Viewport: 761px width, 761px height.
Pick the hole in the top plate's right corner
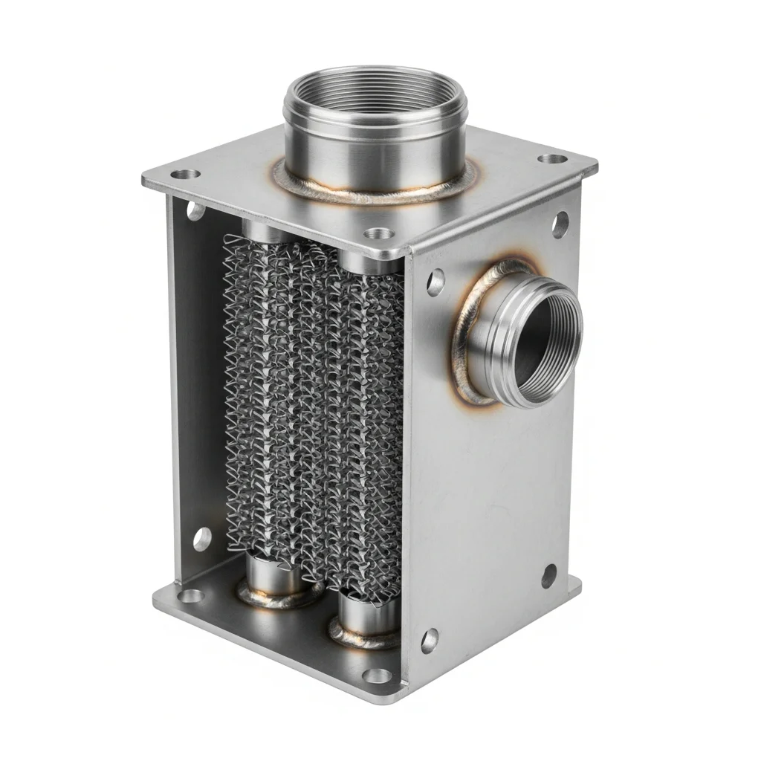[x=551, y=159]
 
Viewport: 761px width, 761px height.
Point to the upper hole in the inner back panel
[x=195, y=211]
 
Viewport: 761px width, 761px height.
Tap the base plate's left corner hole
[x=190, y=595]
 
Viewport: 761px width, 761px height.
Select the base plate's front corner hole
[x=380, y=675]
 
